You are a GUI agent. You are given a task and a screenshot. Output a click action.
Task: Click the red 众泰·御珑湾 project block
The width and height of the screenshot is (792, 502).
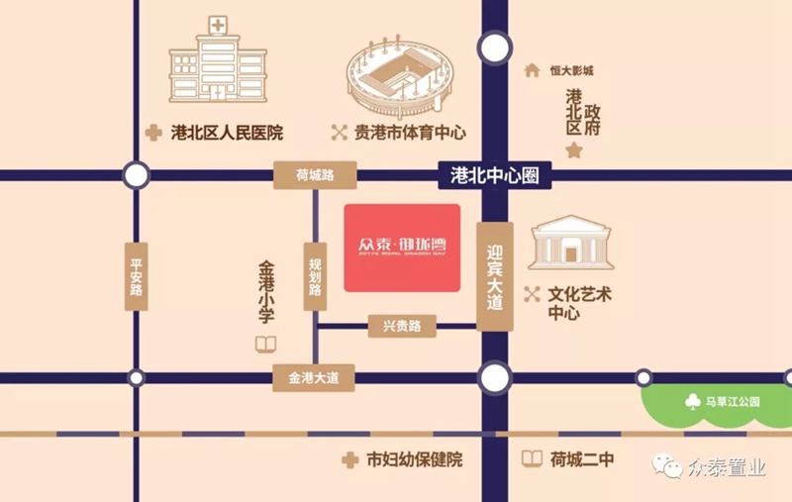coord(402,248)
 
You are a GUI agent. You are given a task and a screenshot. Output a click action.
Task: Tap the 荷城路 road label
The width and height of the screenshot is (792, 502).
coord(315,175)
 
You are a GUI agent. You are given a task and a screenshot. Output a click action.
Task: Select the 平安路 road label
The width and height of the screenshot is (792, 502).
coord(137,276)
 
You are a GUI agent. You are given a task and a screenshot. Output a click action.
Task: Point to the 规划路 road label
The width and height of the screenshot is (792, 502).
coord(315,276)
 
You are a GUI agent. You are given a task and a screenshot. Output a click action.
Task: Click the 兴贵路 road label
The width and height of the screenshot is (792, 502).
coord(402,326)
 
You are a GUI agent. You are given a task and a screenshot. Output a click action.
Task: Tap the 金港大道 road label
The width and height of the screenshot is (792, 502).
coord(314,378)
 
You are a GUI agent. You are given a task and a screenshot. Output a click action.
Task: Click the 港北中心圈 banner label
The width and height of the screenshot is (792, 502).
coord(494,175)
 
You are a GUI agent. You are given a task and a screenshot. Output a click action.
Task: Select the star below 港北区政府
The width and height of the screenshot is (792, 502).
coord(573,151)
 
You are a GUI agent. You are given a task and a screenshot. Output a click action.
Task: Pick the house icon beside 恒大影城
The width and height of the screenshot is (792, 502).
coord(532,70)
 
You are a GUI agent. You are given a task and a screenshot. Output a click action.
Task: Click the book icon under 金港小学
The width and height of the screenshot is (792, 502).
coord(265,345)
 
